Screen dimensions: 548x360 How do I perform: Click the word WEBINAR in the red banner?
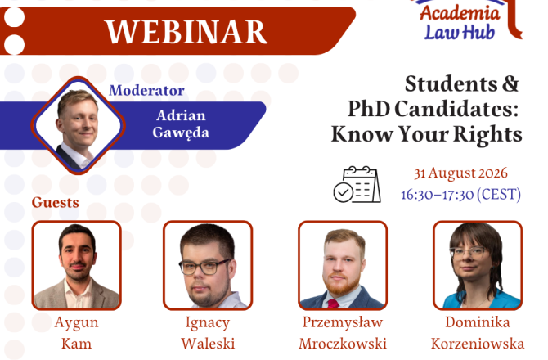pyautogui.click(x=186, y=31)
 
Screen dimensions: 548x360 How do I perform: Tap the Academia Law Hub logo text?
pyautogui.click(x=460, y=23)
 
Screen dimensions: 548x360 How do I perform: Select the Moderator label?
pyautogui.click(x=146, y=91)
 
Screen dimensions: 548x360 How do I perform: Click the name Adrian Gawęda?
pyautogui.click(x=181, y=124)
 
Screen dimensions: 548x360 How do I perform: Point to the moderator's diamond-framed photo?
pyautogui.click(x=79, y=125)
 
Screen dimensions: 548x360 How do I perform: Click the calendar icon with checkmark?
pyautogui.click(x=357, y=184)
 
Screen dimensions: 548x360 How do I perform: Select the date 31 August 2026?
pyautogui.click(x=460, y=173)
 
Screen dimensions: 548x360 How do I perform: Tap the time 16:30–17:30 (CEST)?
pyautogui.click(x=460, y=195)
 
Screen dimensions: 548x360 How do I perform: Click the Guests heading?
pyautogui.click(x=56, y=202)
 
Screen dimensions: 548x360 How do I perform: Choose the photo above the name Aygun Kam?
pyautogui.click(x=77, y=265)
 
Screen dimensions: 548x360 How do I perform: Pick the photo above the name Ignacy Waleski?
pyautogui.click(x=208, y=265)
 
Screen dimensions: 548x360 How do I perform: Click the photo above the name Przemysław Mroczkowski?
pyautogui.click(x=343, y=265)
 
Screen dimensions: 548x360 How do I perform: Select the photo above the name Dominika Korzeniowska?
pyautogui.click(x=478, y=265)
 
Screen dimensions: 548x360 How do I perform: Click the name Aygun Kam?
pyautogui.click(x=77, y=333)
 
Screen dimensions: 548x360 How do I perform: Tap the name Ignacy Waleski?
pyautogui.click(x=208, y=333)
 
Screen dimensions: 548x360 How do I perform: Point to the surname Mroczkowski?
pyautogui.click(x=343, y=344)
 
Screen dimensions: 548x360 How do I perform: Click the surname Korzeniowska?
pyautogui.click(x=478, y=344)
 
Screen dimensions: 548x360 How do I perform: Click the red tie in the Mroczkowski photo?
pyautogui.click(x=333, y=304)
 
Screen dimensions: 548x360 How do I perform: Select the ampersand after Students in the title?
pyautogui.click(x=510, y=84)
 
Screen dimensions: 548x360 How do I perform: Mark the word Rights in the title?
pyautogui.click(x=487, y=134)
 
